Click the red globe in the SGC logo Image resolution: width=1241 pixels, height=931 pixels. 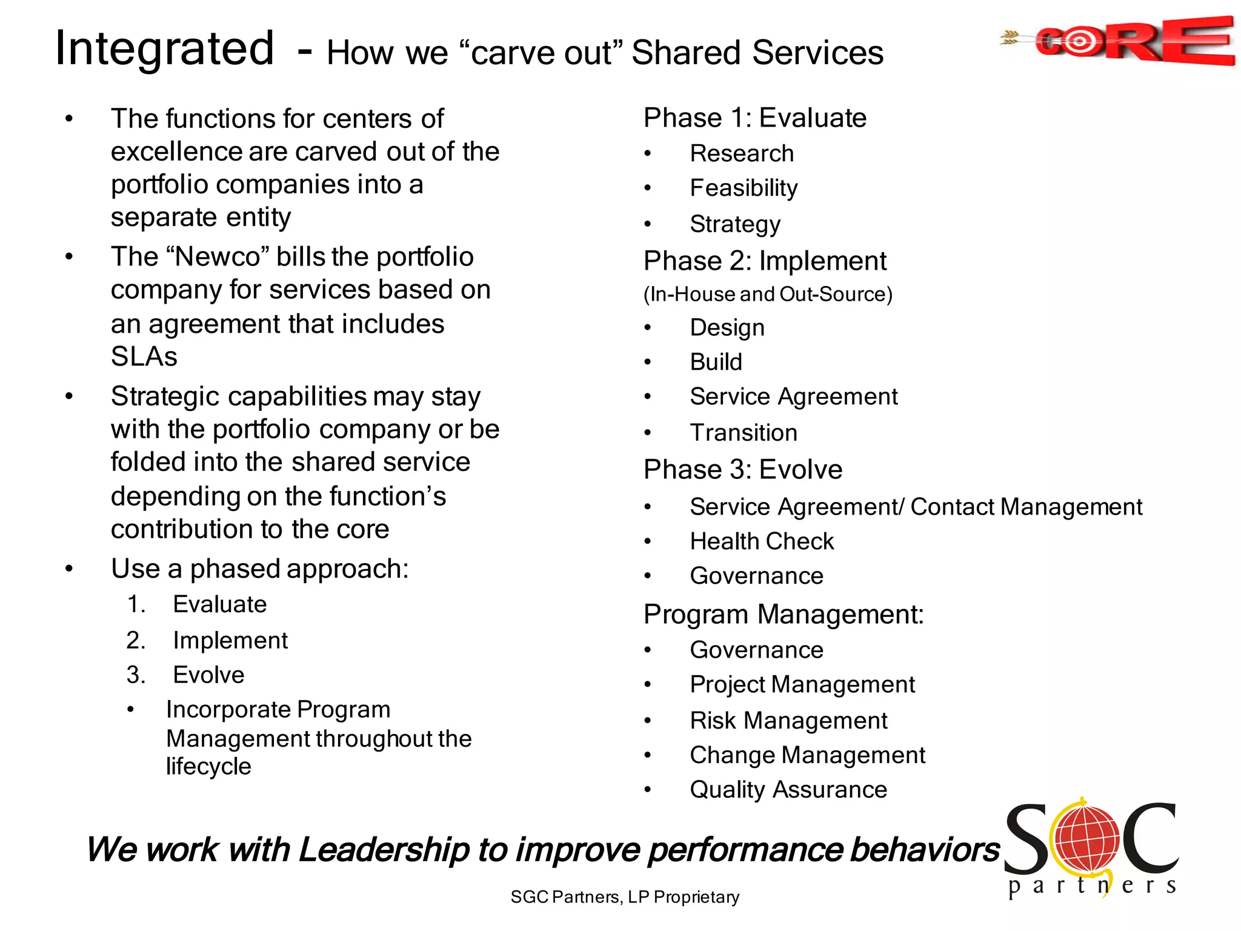tap(1086, 839)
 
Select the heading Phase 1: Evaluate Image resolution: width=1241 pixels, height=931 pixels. tap(754, 118)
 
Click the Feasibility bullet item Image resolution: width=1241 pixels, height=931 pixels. tap(744, 188)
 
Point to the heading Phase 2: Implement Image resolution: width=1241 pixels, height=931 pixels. tap(765, 261)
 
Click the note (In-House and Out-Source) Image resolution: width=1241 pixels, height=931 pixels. tap(768, 295)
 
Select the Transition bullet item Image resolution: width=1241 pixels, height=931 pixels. tap(744, 433)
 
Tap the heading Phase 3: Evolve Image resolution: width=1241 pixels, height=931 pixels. tap(743, 470)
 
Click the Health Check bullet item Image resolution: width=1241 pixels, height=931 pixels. tap(762, 541)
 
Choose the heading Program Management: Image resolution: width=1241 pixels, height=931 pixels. tap(784, 615)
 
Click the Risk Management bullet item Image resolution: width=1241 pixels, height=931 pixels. tap(788, 721)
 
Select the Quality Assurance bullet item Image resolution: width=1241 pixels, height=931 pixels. tap(788, 790)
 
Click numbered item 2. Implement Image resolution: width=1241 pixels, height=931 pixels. tap(230, 641)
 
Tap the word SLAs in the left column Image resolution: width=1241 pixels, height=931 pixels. tap(144, 356)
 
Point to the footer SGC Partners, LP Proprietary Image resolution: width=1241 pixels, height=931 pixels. tap(625, 897)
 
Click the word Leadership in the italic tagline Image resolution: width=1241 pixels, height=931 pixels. tap(384, 850)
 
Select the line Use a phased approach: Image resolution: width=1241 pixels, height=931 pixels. tap(260, 569)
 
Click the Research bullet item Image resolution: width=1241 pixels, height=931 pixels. tap(742, 153)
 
